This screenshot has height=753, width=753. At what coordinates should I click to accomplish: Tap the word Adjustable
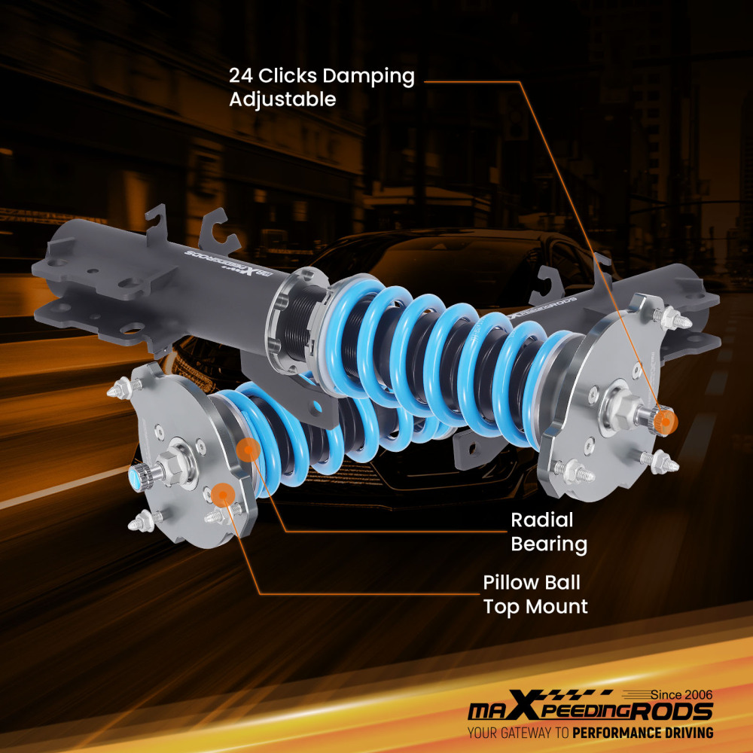click(x=282, y=99)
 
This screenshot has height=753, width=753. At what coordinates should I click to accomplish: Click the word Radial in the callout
click(x=542, y=520)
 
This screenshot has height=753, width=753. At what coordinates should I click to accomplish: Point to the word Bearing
click(x=549, y=544)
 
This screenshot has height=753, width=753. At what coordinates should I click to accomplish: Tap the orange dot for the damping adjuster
click(x=665, y=419)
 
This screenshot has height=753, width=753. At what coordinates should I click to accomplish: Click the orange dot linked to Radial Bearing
click(x=248, y=450)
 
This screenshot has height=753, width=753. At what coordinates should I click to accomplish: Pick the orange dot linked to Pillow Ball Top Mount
click(x=221, y=494)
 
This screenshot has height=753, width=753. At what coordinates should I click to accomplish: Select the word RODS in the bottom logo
click(x=674, y=712)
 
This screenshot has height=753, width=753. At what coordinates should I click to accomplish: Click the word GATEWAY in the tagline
click(x=526, y=733)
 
